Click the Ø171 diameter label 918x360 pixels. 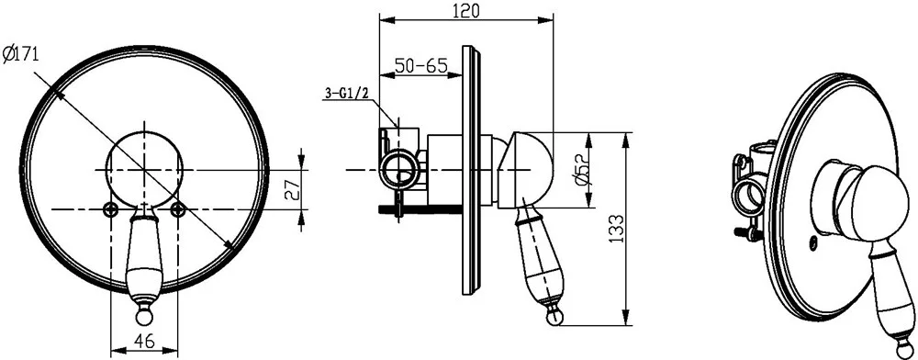pyautogui.click(x=20, y=55)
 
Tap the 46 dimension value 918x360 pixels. pyautogui.click(x=144, y=342)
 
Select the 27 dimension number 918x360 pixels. pyautogui.click(x=292, y=190)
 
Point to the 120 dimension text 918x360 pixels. pyautogui.click(x=466, y=10)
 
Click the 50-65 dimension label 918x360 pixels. pyautogui.click(x=421, y=65)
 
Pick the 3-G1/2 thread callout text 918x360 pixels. pyautogui.click(x=346, y=93)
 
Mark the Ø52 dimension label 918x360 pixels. pyautogui.click(x=583, y=170)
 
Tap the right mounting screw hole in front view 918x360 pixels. pyautogui.click(x=178, y=209)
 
